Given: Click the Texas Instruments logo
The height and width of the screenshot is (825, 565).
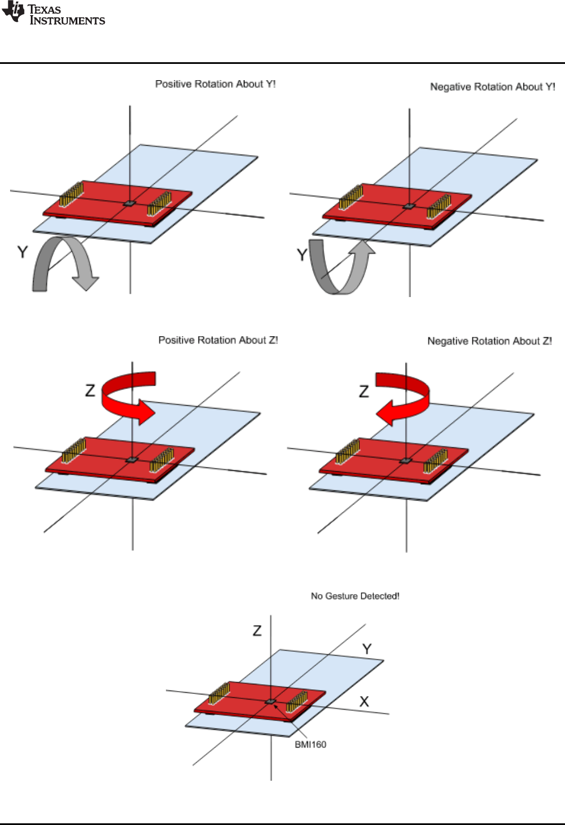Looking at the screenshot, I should tap(53, 15).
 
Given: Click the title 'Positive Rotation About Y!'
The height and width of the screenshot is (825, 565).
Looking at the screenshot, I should tap(215, 84).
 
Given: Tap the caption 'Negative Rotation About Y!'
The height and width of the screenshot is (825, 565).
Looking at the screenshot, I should tap(492, 87).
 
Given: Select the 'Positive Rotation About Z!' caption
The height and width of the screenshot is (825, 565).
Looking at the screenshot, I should tap(218, 340).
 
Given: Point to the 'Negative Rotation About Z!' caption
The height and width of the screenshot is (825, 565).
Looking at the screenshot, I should tap(489, 341).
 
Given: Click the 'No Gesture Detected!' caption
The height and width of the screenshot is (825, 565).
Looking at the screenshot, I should tap(355, 596).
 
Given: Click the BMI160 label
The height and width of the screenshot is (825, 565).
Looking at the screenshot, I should tap(311, 744).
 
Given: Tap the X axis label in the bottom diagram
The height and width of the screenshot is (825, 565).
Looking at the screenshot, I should tap(364, 701).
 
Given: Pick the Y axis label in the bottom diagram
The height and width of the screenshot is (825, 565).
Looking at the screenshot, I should tap(367, 649).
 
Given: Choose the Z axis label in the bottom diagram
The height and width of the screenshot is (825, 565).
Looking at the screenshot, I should tap(257, 631).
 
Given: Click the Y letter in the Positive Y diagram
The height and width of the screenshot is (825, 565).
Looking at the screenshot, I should tap(22, 252).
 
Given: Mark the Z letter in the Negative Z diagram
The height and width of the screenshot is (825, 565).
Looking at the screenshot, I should tap(364, 391).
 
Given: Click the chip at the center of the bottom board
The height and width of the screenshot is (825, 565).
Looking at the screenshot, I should tap(271, 701).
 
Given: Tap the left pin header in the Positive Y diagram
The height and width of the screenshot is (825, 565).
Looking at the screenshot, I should tap(72, 193).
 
